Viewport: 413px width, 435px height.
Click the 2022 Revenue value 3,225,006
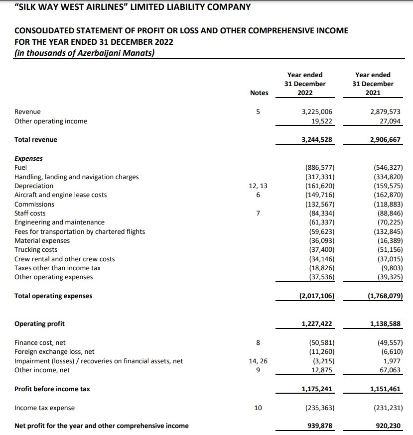pos(317,112)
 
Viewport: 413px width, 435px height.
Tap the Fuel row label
pos(21,168)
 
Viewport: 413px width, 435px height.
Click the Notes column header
pos(258,93)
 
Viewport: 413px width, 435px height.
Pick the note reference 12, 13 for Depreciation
pos(258,186)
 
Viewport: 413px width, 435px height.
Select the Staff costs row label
pos(30,214)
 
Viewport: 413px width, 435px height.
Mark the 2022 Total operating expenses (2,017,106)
pos(317,296)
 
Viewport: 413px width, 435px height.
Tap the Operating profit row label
pos(39,324)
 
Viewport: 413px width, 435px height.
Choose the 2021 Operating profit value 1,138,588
pos(384,324)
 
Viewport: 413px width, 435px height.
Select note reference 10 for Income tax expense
pos(258,408)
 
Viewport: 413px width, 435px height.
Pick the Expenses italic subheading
pos(28,159)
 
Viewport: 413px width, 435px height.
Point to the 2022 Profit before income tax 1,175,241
pos(317,389)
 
